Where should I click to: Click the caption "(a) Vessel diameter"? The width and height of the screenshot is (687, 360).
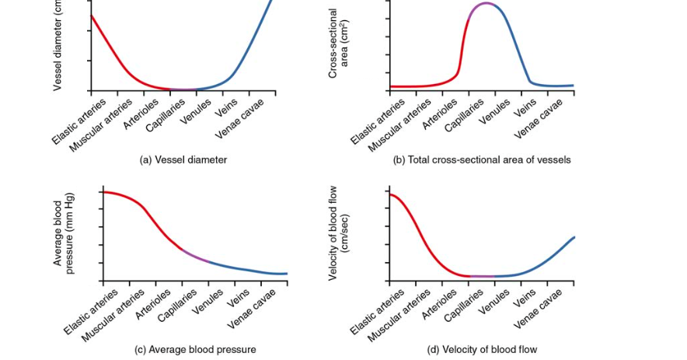coord(183,160)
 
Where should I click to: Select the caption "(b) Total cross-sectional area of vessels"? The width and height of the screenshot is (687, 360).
coord(482,160)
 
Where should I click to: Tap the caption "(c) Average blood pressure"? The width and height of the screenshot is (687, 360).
coord(195,350)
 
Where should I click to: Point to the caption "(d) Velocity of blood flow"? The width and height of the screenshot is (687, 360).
coord(482,350)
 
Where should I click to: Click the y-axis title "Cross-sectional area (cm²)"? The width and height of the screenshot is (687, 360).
coord(338,43)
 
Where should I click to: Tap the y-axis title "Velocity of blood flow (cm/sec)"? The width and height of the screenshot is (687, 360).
coord(339,233)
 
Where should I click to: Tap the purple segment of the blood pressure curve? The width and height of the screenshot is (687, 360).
coord(195,255)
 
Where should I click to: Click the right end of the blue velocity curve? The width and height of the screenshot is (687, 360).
coord(574,237)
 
